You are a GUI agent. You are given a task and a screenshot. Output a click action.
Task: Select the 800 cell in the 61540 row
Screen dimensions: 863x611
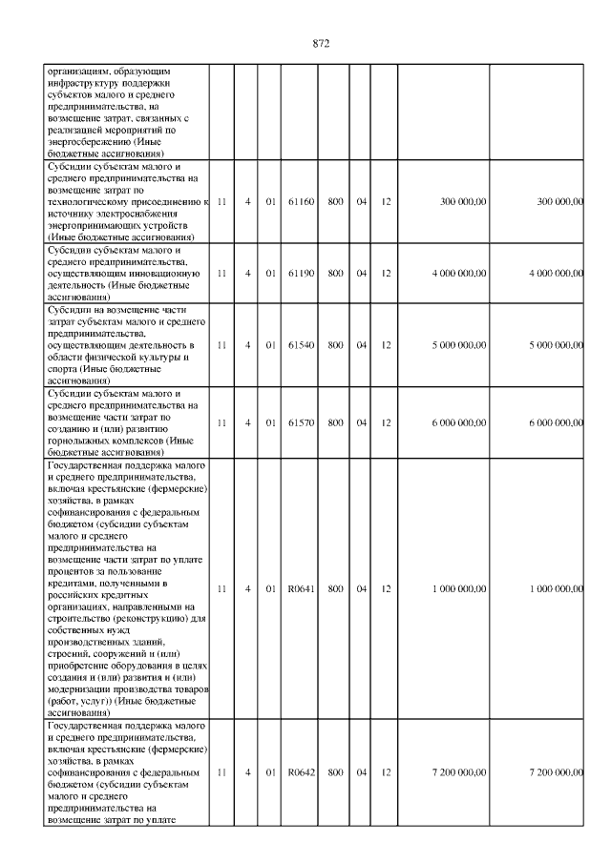tap(336, 343)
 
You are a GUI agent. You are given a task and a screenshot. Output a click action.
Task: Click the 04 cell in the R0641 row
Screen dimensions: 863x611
tap(362, 589)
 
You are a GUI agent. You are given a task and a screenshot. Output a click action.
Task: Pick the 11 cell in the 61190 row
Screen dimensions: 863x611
tap(221, 273)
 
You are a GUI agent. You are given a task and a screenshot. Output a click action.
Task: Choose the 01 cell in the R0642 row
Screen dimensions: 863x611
tap(270, 771)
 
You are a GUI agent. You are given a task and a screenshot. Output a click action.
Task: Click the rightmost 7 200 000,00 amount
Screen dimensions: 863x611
tap(551, 771)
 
